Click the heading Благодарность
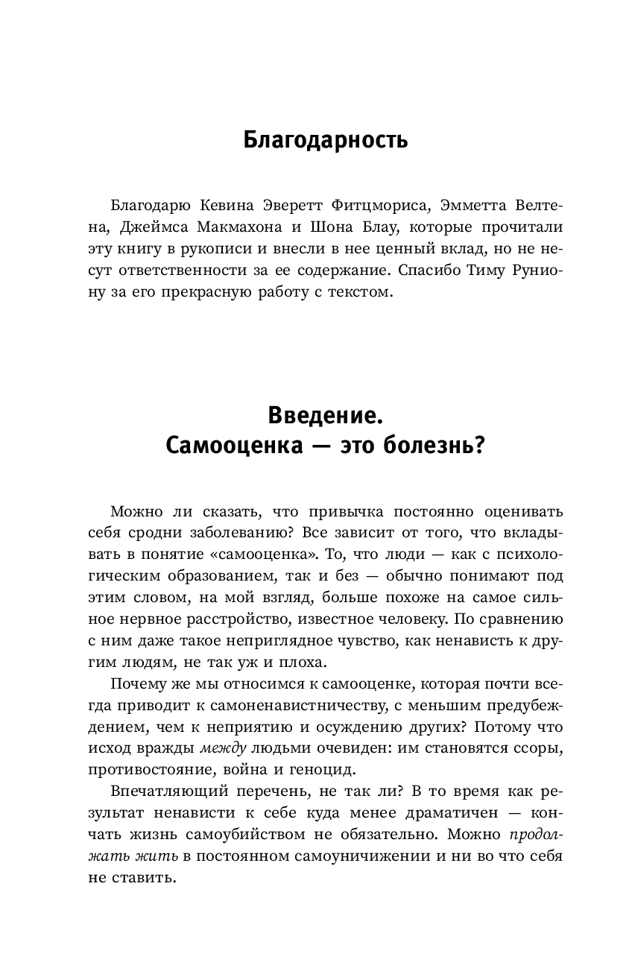pyautogui.click(x=325, y=139)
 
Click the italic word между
pyautogui.click(x=224, y=728)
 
